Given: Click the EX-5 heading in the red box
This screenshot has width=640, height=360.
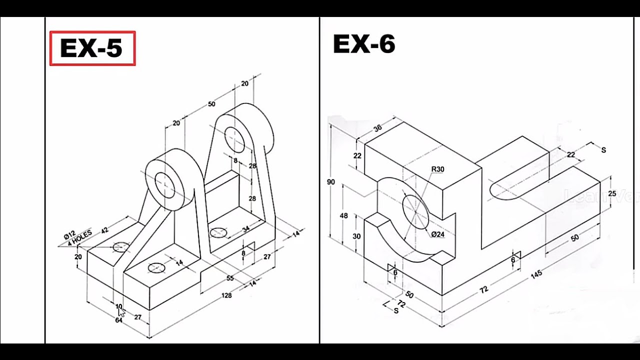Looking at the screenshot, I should click(x=91, y=48).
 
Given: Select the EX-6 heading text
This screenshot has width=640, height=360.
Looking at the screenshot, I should click(x=364, y=44).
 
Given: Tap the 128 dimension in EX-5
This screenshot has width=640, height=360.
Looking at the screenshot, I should click(x=226, y=295).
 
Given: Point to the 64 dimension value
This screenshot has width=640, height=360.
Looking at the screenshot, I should click(x=118, y=320).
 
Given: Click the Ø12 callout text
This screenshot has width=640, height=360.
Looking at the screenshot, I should click(x=69, y=234).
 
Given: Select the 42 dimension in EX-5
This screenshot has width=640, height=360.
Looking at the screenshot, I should click(x=104, y=230).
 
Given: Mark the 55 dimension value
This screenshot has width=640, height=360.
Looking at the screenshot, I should click(x=230, y=278).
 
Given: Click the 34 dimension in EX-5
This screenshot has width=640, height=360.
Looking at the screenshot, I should click(x=245, y=229).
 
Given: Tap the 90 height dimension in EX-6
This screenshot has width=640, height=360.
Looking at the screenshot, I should click(x=331, y=182).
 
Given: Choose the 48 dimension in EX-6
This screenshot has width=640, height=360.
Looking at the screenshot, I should click(x=343, y=216).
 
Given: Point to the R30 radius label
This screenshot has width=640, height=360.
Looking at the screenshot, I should click(x=437, y=169).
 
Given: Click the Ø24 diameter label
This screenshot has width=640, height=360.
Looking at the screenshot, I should click(x=437, y=234).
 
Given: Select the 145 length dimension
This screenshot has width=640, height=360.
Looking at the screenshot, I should click(x=536, y=274).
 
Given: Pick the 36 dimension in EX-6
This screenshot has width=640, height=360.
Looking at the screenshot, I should click(x=377, y=127).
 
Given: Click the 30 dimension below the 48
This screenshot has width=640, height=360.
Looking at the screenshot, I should click(x=356, y=236).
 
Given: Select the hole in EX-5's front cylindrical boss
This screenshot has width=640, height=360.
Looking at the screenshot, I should click(x=164, y=184).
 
